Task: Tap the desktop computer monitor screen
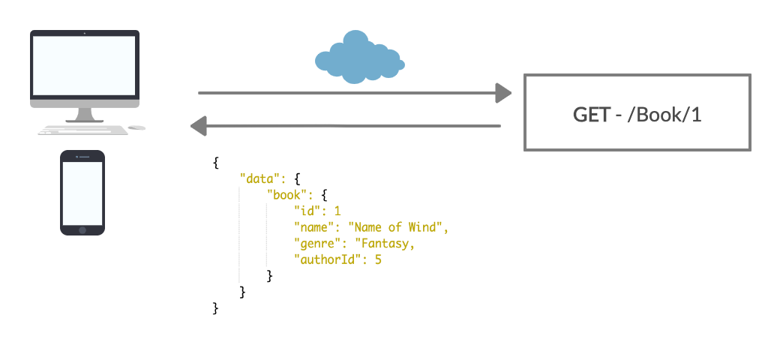tap(84, 65)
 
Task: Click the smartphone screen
tap(82, 193)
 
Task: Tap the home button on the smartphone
tap(82, 229)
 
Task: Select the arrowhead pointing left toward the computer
tap(199, 125)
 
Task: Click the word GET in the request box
tap(591, 114)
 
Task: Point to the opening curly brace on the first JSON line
tap(216, 163)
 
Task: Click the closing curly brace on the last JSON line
tap(216, 308)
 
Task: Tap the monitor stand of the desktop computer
tap(84, 114)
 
